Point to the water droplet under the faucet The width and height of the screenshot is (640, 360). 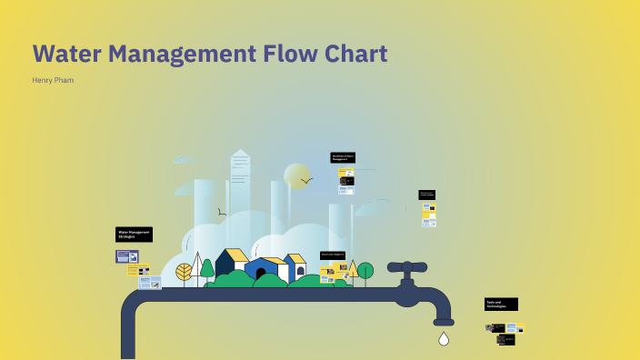444,339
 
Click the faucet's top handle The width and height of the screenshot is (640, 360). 407,267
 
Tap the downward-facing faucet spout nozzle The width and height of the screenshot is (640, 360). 444,321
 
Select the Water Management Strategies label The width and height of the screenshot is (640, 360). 134,235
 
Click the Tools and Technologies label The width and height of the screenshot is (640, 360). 501,305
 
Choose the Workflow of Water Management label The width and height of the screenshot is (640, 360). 343,157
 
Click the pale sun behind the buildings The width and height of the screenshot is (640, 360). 296,175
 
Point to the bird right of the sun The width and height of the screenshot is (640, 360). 307,181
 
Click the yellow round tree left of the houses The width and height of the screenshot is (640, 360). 184,271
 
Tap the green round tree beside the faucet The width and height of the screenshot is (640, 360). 365,270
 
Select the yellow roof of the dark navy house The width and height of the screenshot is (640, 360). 236,255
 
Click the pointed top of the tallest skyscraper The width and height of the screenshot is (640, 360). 240,153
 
